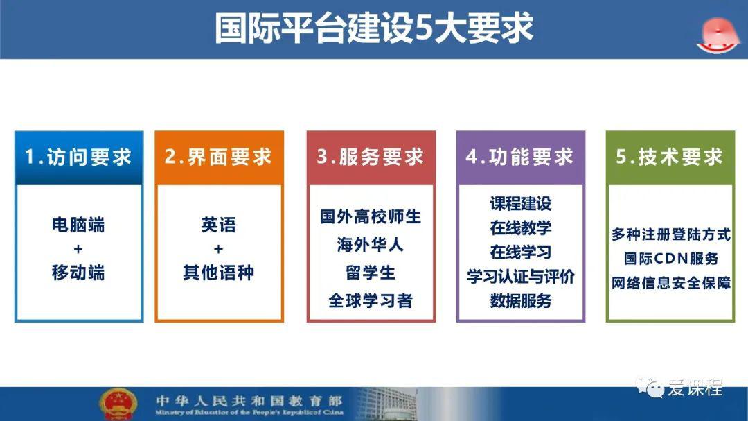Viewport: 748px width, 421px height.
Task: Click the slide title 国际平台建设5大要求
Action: pyautogui.click(x=373, y=28)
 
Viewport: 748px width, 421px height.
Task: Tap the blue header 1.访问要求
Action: pyautogui.click(x=79, y=157)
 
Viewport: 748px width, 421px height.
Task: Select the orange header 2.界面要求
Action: pyautogui.click(x=219, y=157)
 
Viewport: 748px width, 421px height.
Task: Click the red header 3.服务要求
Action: pyautogui.click(x=371, y=157)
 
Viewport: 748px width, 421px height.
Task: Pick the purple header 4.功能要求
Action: pyautogui.click(x=520, y=157)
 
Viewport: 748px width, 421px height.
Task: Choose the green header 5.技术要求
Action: pyautogui.click(x=670, y=157)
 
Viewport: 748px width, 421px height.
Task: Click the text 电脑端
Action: pyautogui.click(x=78, y=225)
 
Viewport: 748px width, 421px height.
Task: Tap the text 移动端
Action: pyautogui.click(x=78, y=273)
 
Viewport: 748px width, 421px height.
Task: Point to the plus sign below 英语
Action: pyautogui.click(x=218, y=249)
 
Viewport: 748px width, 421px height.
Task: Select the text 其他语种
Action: pyautogui.click(x=218, y=273)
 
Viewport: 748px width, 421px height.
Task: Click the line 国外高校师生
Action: pyautogui.click(x=371, y=216)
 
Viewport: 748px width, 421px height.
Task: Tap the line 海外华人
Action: pyautogui.click(x=370, y=245)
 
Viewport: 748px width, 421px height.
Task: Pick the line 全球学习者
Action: pyautogui.click(x=371, y=300)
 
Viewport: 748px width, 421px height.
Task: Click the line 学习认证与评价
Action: pyautogui.click(x=520, y=276)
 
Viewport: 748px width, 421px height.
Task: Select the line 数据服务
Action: pyautogui.click(x=520, y=300)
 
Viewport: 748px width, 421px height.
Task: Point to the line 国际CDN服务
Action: pyautogui.click(x=670, y=259)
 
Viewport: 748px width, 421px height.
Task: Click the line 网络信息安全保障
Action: pyautogui.click(x=670, y=283)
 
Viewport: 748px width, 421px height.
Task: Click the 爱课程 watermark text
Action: pyautogui.click(x=695, y=388)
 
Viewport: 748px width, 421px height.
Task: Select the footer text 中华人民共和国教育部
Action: pyautogui.click(x=249, y=400)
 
